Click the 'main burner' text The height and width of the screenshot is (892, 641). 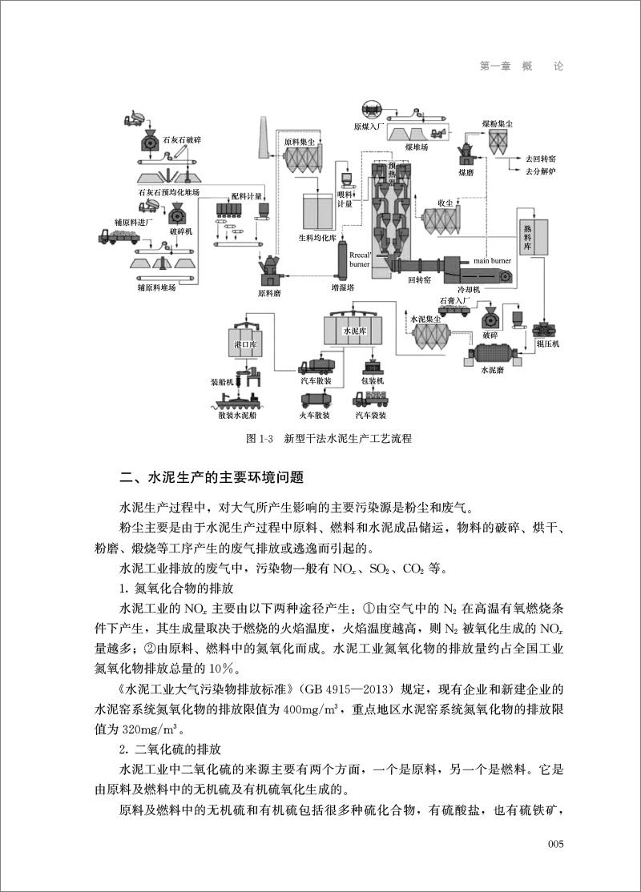point(491,260)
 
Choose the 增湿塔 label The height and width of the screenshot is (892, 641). point(343,287)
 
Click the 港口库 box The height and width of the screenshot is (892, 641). point(244,344)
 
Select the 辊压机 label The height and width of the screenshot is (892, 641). point(547,344)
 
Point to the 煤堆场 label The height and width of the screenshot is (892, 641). point(416,147)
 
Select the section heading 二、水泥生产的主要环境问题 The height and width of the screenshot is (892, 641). point(212,479)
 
